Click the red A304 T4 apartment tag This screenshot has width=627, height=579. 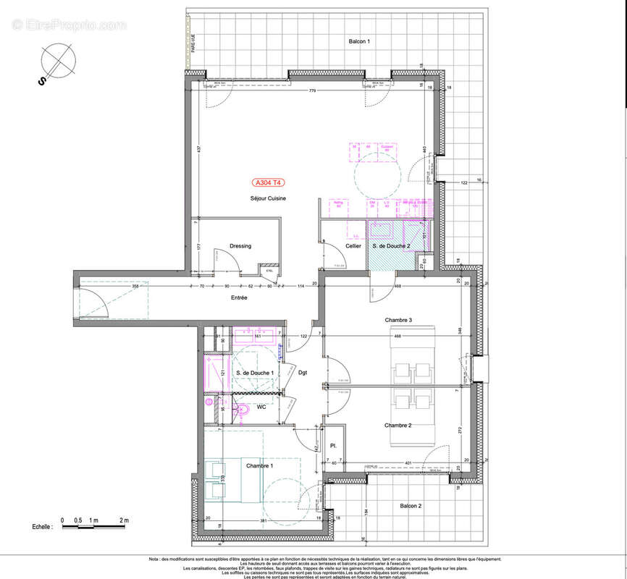tap(269, 183)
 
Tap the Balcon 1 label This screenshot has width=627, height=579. tap(359, 42)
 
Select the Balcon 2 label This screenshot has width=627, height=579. tap(409, 507)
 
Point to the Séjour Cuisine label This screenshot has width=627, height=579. tap(269, 198)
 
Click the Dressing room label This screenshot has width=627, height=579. tap(240, 246)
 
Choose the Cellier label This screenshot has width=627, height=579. tap(353, 246)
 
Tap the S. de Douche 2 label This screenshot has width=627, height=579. tap(391, 246)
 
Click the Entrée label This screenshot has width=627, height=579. tap(239, 298)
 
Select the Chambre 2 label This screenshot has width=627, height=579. tap(398, 426)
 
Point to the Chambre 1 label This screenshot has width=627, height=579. tap(259, 465)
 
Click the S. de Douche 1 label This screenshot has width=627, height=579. tap(255, 373)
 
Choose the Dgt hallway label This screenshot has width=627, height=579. tap(303, 373)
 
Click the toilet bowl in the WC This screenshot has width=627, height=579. tap(244, 411)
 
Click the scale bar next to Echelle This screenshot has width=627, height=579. tap(94, 527)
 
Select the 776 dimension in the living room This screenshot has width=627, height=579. tap(312, 90)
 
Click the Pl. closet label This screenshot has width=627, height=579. tap(333, 446)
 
